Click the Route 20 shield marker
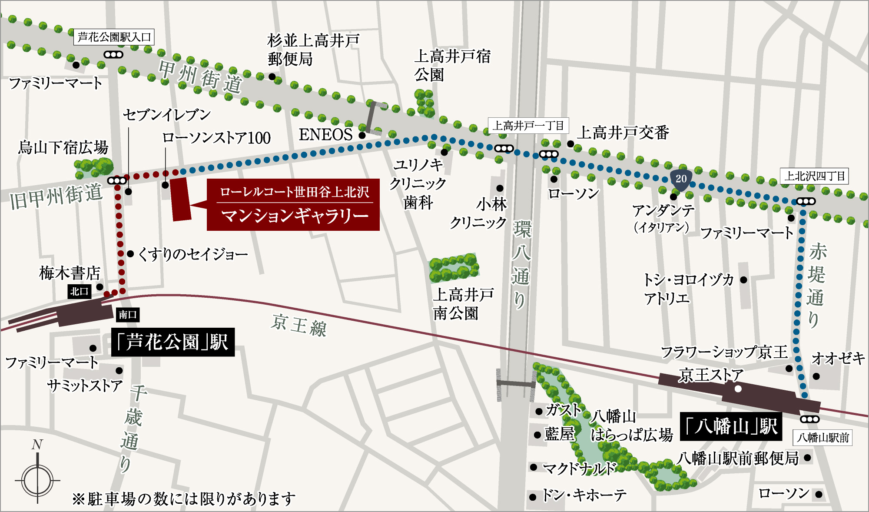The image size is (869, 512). click(x=681, y=179)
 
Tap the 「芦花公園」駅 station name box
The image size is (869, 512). click(x=173, y=342)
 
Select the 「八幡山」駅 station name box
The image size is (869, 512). click(x=731, y=426)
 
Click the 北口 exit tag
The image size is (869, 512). click(x=80, y=291)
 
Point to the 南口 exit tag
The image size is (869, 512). click(x=128, y=315)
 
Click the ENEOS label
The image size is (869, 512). click(x=325, y=135)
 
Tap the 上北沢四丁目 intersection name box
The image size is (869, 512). click(x=814, y=176)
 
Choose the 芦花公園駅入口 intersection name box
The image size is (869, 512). click(x=114, y=37)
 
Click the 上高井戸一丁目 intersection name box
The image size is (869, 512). click(x=528, y=126)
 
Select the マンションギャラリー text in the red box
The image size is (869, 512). click(x=295, y=216)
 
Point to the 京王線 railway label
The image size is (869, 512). click(x=299, y=325)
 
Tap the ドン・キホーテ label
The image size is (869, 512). click(x=584, y=495)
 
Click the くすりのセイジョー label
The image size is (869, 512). click(x=193, y=254)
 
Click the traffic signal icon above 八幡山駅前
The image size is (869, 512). click(x=809, y=419)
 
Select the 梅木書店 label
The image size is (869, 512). click(x=70, y=273)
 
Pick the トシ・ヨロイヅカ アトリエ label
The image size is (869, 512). click(x=688, y=289)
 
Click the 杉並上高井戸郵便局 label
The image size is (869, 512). click(x=313, y=50)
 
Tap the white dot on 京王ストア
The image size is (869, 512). click(x=738, y=389)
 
